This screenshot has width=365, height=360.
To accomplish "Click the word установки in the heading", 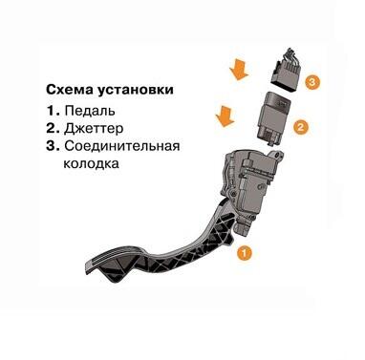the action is click(x=136, y=90).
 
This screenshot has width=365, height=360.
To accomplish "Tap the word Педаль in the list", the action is click(x=90, y=111).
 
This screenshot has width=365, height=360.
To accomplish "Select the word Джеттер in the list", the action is click(x=94, y=129).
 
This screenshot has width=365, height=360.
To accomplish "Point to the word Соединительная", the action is click(x=122, y=146).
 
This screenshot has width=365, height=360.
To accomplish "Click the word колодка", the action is click(x=91, y=163).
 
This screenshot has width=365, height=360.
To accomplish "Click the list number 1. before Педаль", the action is click(x=54, y=111).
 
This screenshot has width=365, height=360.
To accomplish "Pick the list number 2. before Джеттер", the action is click(x=54, y=128).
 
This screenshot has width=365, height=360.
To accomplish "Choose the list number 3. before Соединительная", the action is click(x=54, y=146).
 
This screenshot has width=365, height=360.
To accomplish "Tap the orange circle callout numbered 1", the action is click(x=245, y=254).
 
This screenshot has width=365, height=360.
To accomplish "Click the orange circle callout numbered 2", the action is click(x=301, y=128).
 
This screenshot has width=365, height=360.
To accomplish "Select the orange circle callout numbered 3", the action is click(x=311, y=81).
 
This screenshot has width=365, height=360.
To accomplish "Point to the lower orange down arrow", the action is click(x=225, y=116).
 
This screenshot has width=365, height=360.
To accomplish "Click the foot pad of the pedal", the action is click(x=113, y=261).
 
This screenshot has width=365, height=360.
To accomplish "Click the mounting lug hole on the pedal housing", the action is click(x=279, y=157).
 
